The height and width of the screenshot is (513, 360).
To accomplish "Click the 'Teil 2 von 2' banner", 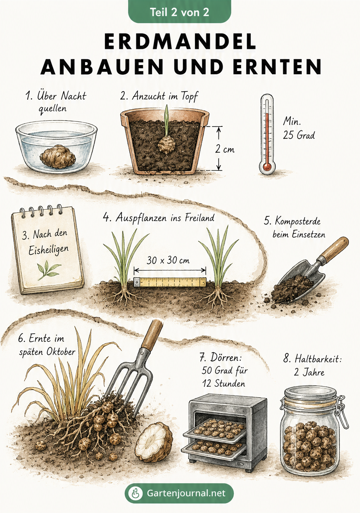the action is click(x=180, y=12).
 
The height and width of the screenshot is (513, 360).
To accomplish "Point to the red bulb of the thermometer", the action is click(x=267, y=166).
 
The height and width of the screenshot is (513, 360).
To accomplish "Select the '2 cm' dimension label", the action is click(x=224, y=149).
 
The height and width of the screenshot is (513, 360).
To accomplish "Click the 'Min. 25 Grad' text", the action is click(x=299, y=128).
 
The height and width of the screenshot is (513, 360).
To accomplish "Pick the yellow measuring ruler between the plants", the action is click(x=170, y=282).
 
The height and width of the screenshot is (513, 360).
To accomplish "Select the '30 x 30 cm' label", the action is click(x=168, y=260).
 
